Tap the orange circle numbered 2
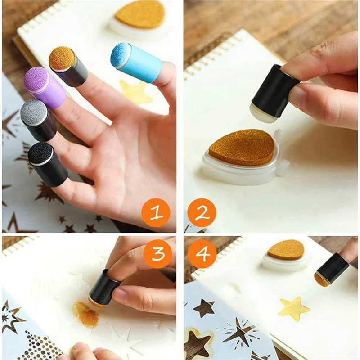199,213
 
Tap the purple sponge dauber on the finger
45,88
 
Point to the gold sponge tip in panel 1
62,57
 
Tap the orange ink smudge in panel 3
85,314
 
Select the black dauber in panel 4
332,268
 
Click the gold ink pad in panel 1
140,13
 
